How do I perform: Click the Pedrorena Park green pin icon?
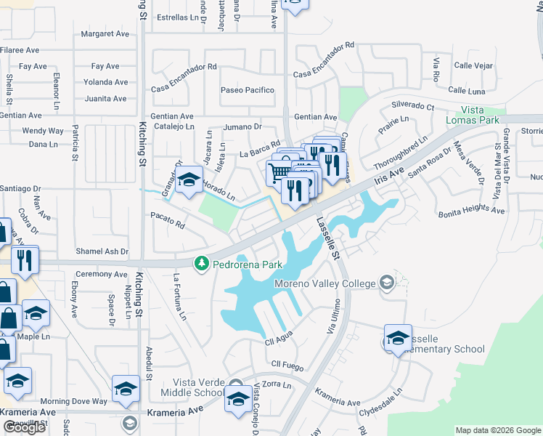tap(203, 263)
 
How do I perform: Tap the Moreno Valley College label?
tap(324, 283)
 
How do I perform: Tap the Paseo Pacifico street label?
tap(248, 90)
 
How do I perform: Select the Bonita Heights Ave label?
tap(471, 211)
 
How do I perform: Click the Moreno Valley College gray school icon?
tap(387, 283)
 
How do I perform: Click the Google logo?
tap(24, 427)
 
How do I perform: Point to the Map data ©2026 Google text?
tap(498, 430)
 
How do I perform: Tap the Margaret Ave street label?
tap(105, 33)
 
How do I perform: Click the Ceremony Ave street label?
tap(101, 274)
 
